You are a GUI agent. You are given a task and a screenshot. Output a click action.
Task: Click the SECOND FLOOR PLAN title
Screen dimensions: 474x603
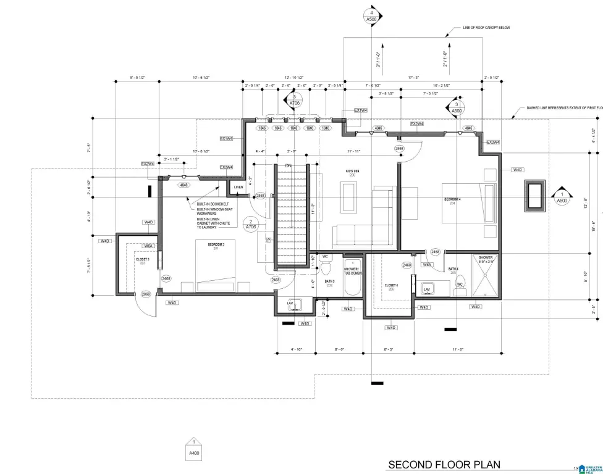point(444,464)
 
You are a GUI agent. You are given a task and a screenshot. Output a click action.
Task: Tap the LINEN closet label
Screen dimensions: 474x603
point(238,187)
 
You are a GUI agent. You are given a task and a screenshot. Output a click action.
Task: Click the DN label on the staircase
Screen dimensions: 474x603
point(288,165)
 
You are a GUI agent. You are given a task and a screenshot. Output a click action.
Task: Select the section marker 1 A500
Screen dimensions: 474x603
point(561,196)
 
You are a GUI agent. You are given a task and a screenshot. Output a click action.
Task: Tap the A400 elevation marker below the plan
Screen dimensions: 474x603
point(194,451)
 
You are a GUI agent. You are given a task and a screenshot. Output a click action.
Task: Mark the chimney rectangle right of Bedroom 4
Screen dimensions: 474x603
point(534,195)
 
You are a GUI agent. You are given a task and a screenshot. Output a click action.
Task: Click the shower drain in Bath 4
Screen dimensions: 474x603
point(486,278)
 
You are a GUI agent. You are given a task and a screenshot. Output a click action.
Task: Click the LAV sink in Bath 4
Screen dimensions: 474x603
point(427,289)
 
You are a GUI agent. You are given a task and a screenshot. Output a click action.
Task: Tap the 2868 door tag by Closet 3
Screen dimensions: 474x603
point(146,294)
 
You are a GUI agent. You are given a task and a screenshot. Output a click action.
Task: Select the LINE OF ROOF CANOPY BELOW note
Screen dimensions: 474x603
point(486,28)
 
